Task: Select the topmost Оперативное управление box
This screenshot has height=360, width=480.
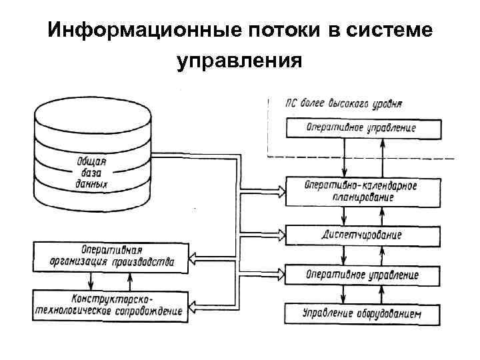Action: [x=363, y=127]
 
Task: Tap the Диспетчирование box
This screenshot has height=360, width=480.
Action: [x=363, y=235]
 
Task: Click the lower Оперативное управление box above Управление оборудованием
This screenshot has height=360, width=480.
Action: [x=363, y=274]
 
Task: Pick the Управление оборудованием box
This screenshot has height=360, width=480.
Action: [x=363, y=312]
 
